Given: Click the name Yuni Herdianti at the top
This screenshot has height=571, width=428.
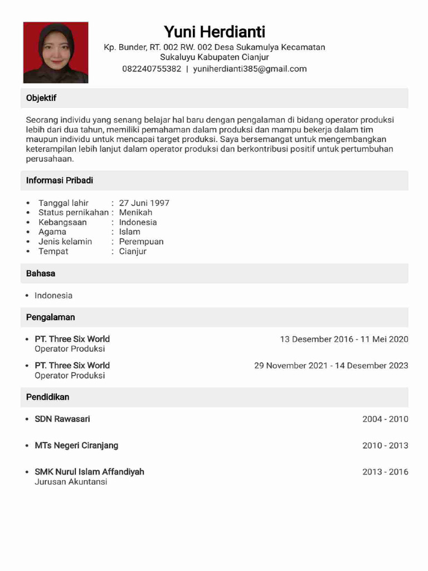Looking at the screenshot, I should coord(215,31).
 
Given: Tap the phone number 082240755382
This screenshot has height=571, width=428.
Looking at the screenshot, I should coord(152,69).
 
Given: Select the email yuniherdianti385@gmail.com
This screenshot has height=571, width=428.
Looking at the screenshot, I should coord(250,69).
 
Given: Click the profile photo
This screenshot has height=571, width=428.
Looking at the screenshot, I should coord(56,52).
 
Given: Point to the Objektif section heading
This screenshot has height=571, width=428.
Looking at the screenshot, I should coord(41,98).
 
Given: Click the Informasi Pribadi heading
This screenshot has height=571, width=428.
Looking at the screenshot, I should coord(60,180).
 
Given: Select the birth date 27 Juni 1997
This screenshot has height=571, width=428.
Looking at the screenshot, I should coord(144,203).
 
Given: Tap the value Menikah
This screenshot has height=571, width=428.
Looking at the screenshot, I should coord(135,212).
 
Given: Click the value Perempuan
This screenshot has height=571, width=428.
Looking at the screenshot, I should coord(141,241).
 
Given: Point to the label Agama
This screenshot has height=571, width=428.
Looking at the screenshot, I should coord(52,232).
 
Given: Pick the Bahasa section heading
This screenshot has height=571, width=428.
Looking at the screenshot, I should coord(41,274).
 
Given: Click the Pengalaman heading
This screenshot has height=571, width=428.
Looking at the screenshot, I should coord(51,317).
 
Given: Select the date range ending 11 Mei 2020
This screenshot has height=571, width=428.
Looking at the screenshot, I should coord(344,339).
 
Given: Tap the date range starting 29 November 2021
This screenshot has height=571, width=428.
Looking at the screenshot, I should coord(331,366).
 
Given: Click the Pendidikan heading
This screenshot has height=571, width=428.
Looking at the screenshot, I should coord(48,397).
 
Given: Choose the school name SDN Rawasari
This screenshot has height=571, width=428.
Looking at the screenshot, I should coord(62,419).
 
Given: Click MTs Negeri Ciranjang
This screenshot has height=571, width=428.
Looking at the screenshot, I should coord(76,446).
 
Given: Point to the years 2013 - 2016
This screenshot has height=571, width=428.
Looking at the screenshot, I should coord(385,472).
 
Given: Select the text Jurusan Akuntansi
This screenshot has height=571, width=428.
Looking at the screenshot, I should coord(71,482).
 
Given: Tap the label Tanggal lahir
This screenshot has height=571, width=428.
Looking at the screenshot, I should coord(64,203).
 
